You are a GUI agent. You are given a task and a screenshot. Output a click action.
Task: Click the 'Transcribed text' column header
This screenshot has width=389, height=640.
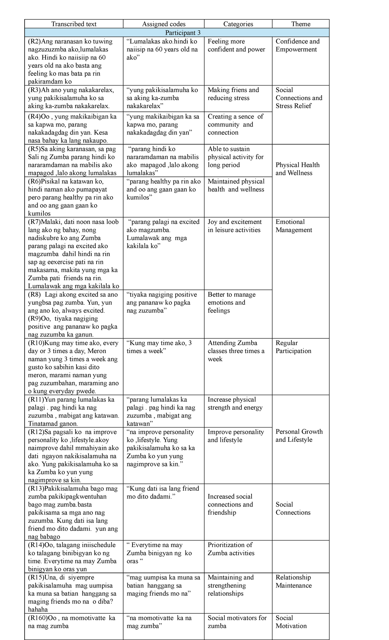click(74, 24)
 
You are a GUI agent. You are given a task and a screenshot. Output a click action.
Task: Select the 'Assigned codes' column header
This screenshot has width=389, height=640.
click(164, 24)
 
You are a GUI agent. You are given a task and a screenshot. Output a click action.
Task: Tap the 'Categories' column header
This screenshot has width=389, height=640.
click(238, 24)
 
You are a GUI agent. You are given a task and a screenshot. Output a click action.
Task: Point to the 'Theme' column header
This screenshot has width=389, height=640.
click(301, 24)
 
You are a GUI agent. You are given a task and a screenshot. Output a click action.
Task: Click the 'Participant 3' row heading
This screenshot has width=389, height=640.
click(181, 33)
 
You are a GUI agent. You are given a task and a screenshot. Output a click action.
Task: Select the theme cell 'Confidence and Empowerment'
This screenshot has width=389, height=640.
click(298, 45)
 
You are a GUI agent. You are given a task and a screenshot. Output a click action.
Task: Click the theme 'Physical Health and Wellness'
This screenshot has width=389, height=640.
click(298, 169)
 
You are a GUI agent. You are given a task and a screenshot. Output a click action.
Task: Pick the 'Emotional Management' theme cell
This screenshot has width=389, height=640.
click(294, 226)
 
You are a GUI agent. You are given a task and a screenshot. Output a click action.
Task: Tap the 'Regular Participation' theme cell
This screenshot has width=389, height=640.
click(293, 347)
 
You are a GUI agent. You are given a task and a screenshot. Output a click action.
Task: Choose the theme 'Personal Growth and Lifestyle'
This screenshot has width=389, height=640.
click(299, 435)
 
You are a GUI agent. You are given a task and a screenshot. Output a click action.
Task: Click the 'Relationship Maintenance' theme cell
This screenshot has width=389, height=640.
click(293, 581)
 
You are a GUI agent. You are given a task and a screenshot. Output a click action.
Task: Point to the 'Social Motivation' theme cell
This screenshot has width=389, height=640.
click(291, 622)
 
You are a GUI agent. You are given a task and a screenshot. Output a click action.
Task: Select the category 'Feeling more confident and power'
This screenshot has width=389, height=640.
click(236, 45)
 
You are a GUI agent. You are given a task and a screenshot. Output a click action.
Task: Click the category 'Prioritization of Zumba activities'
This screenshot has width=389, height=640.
click(231, 549)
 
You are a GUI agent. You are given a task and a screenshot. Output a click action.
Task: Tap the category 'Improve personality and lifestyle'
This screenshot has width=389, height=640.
click(236, 436)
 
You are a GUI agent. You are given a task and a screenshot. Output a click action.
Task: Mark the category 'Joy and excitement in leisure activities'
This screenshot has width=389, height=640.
click(234, 226)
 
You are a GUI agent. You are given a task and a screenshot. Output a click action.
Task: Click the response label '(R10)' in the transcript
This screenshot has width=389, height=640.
click(36, 343)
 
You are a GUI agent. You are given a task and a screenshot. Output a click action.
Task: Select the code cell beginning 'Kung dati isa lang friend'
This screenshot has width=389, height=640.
click(163, 492)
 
